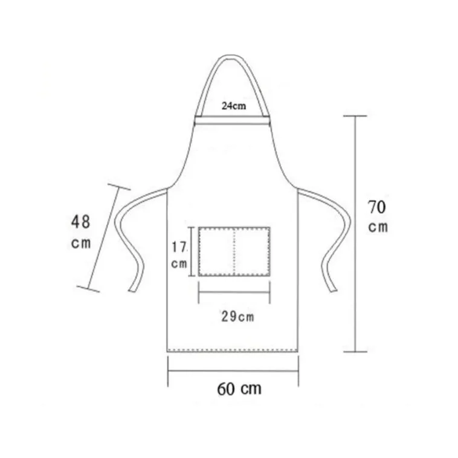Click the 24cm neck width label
point(234,106)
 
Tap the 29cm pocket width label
point(237,317)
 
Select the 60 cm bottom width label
point(239,389)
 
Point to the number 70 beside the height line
point(377,207)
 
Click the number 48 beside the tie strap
point(80,222)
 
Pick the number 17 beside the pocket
point(179,247)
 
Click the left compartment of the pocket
point(216,251)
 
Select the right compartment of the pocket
point(252,251)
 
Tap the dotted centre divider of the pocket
point(234,251)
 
